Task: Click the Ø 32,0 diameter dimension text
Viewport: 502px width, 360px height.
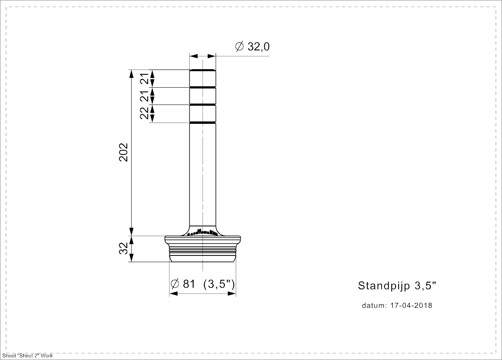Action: click(x=252, y=47)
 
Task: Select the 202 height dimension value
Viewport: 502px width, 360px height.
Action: click(x=125, y=152)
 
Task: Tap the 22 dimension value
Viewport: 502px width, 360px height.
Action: click(x=145, y=114)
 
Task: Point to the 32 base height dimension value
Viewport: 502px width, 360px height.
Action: click(x=124, y=249)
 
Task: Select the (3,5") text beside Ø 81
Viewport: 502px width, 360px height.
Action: click(x=219, y=284)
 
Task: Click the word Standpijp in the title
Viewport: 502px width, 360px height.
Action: click(x=384, y=286)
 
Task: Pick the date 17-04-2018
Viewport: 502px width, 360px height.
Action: click(x=411, y=305)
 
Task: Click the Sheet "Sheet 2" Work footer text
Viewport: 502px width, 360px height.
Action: click(x=27, y=356)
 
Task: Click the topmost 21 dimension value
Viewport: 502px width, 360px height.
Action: click(x=145, y=79)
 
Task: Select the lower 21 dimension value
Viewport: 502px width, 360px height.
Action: click(x=145, y=96)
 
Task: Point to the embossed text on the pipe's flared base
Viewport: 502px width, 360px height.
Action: click(x=202, y=233)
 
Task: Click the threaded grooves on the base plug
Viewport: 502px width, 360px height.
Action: click(x=202, y=249)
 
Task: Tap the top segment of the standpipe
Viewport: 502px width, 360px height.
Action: click(x=202, y=78)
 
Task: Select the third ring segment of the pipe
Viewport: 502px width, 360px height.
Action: click(x=202, y=114)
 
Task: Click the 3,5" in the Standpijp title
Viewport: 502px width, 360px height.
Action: click(x=425, y=286)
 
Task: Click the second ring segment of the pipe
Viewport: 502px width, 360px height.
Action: click(x=202, y=96)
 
